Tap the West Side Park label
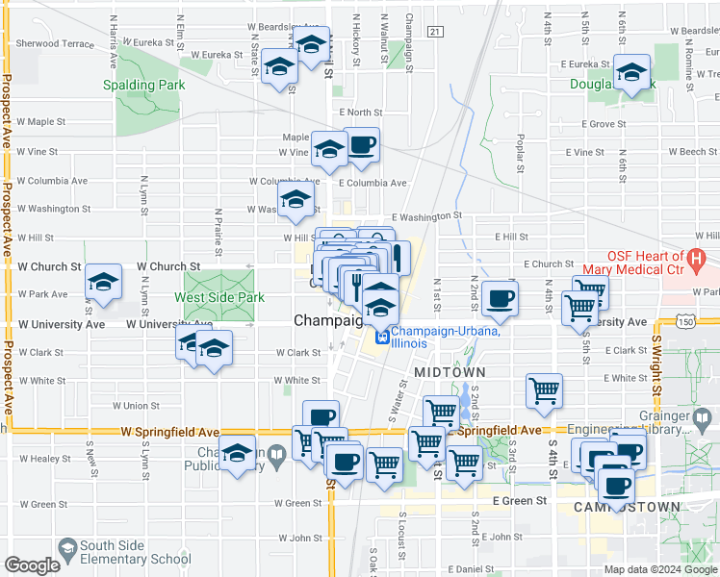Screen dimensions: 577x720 pyautogui.click(x=205, y=297)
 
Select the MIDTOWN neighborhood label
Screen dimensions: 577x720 pyautogui.click(x=445, y=370)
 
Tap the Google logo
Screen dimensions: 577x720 pyautogui.click(x=33, y=565)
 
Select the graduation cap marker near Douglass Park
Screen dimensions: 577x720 pyautogui.click(x=631, y=72)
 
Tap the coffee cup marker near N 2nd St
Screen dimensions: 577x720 pyautogui.click(x=501, y=298)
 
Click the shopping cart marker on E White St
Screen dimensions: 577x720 pyautogui.click(x=544, y=390)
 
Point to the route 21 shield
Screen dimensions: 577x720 pyautogui.click(x=436, y=32)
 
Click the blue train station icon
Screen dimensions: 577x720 pyautogui.click(x=381, y=338)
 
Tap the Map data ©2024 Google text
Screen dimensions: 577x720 pyautogui.click(x=659, y=569)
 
